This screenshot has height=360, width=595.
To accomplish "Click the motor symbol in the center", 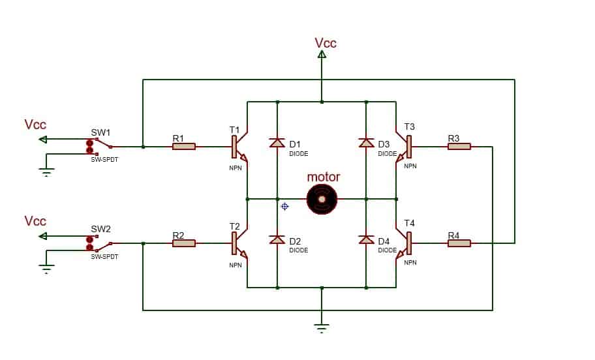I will [322, 198].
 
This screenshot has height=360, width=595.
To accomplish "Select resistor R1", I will [184, 147].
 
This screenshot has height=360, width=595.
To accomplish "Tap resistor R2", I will [184, 243].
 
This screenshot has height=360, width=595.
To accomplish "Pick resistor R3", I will [459, 147].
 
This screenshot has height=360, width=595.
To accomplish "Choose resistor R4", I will [459, 243].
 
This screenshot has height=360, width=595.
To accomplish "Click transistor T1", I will [237, 147].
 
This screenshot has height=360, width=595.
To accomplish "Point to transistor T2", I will [237, 244].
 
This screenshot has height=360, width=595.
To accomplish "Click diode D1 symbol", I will [277, 143].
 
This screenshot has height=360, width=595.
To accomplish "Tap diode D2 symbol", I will [277, 240].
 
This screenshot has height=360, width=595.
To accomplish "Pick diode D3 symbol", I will [366, 143].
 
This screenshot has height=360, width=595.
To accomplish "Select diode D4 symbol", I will [366, 240].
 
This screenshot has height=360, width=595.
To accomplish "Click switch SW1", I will [99, 147].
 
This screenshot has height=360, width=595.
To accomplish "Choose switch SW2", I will [99, 243].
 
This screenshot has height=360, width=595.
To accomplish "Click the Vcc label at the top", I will [326, 43].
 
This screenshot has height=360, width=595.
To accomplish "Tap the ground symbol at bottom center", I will [322, 327].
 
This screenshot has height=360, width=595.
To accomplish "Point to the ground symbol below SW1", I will [46, 172].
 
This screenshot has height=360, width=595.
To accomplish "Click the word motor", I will [324, 177].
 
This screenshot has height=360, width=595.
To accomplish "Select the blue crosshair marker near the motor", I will [284, 206].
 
